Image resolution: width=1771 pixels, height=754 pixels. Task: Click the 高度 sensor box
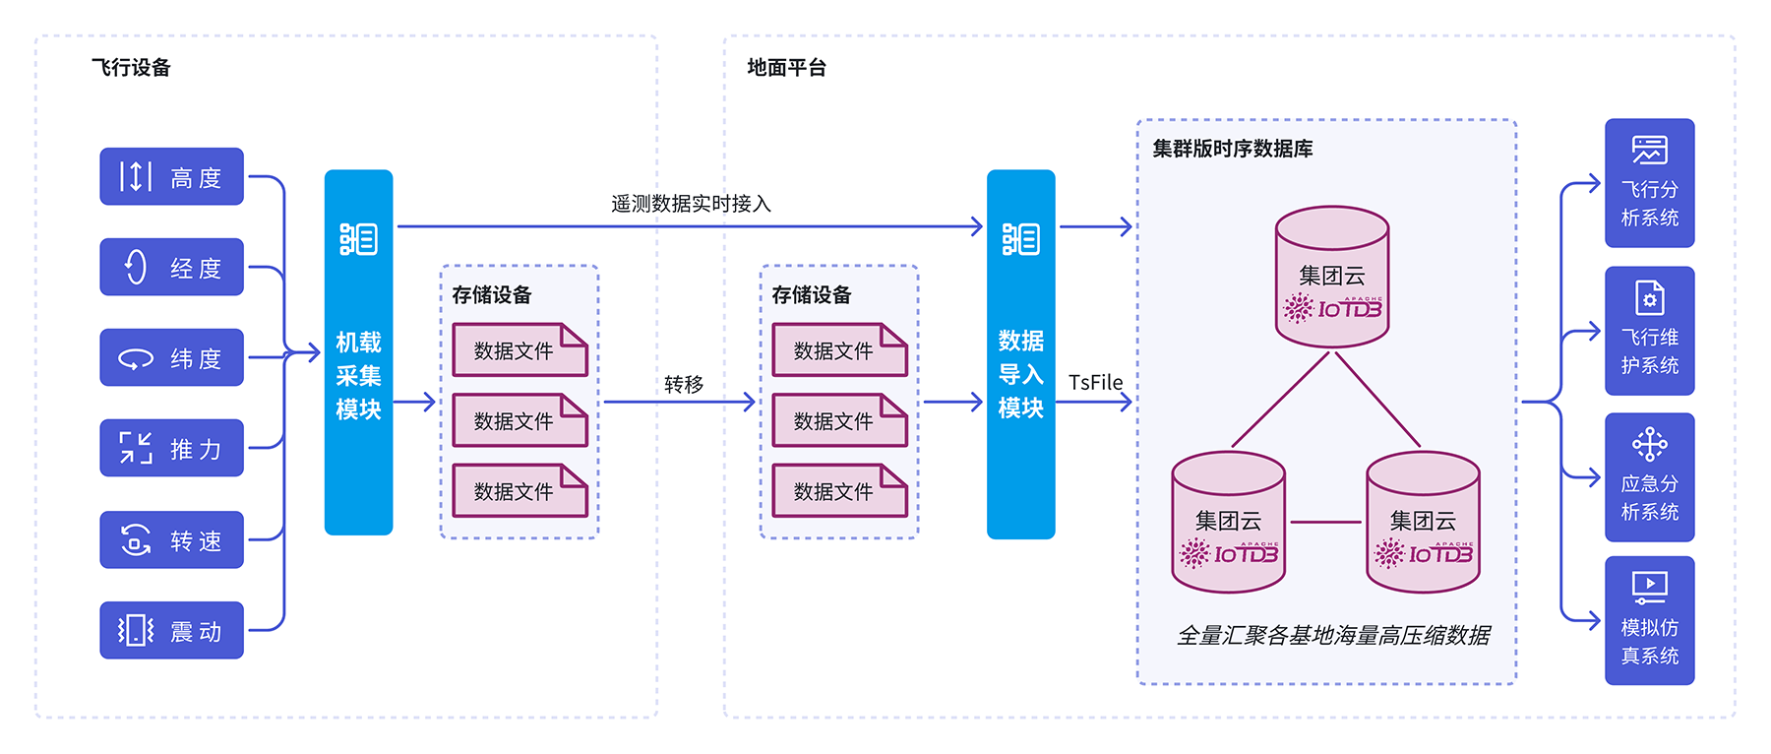coord(171,177)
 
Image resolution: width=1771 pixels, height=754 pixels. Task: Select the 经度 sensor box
coord(171,268)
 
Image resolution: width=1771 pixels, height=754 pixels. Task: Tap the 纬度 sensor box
coord(171,358)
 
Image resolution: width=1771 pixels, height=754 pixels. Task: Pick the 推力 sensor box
coord(171,449)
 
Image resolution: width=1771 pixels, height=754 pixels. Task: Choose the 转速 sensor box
coord(171,540)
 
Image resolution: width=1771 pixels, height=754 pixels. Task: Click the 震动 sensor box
coord(171,631)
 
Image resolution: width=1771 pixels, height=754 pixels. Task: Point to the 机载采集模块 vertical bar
coord(358,353)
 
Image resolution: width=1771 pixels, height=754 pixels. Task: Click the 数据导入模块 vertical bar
coord(1020,354)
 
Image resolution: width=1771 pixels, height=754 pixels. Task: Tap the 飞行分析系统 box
coord(1649,184)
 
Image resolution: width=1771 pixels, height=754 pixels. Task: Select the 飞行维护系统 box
coord(1649,332)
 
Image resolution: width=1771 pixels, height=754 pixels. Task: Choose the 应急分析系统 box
coord(1649,478)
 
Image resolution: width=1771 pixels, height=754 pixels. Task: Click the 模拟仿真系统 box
coord(1649,621)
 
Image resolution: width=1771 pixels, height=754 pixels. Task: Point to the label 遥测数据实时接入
coord(691,204)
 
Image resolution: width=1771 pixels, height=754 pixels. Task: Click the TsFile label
coord(1095,382)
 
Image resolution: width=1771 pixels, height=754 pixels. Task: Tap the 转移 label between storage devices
coord(684,384)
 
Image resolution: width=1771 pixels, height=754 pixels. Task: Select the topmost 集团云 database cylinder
coord(1332,277)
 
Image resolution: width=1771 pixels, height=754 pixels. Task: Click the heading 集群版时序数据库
coord(1233,149)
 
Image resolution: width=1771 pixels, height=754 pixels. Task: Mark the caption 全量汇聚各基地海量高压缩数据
coord(1333,636)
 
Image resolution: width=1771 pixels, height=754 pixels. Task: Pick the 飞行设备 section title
coord(132,68)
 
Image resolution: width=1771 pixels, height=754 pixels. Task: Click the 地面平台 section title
coord(787,68)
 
